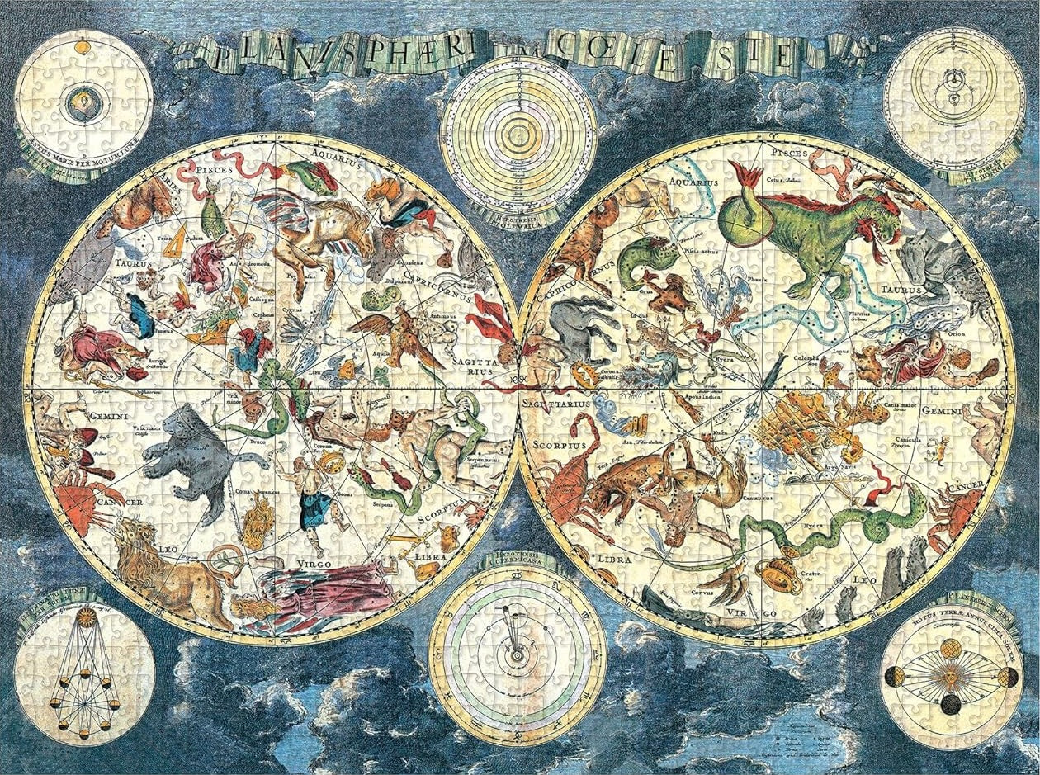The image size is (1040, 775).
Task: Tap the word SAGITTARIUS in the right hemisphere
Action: pos(555,404)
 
